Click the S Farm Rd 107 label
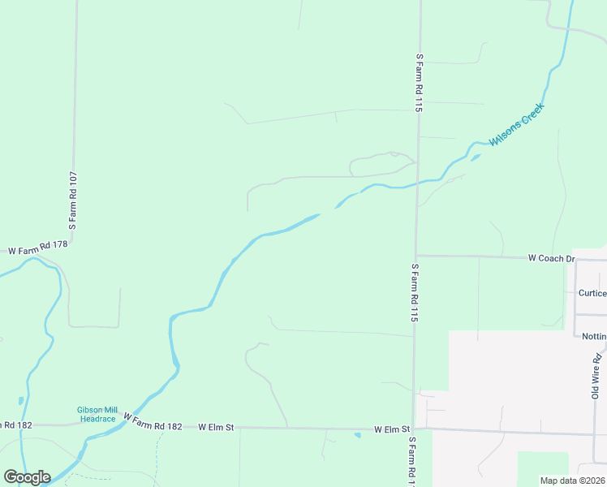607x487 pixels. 73,200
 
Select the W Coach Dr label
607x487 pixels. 551,258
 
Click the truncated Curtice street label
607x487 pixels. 592,293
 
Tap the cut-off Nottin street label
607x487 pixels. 594,336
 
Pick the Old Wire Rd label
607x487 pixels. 596,375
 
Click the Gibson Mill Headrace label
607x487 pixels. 97,414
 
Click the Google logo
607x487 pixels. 27,477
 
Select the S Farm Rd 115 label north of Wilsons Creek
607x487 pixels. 420,82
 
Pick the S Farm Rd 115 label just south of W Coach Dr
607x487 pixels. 415,293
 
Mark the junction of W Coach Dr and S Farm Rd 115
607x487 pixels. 416,256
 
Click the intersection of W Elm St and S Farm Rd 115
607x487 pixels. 414,429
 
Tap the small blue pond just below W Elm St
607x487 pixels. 357,436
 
